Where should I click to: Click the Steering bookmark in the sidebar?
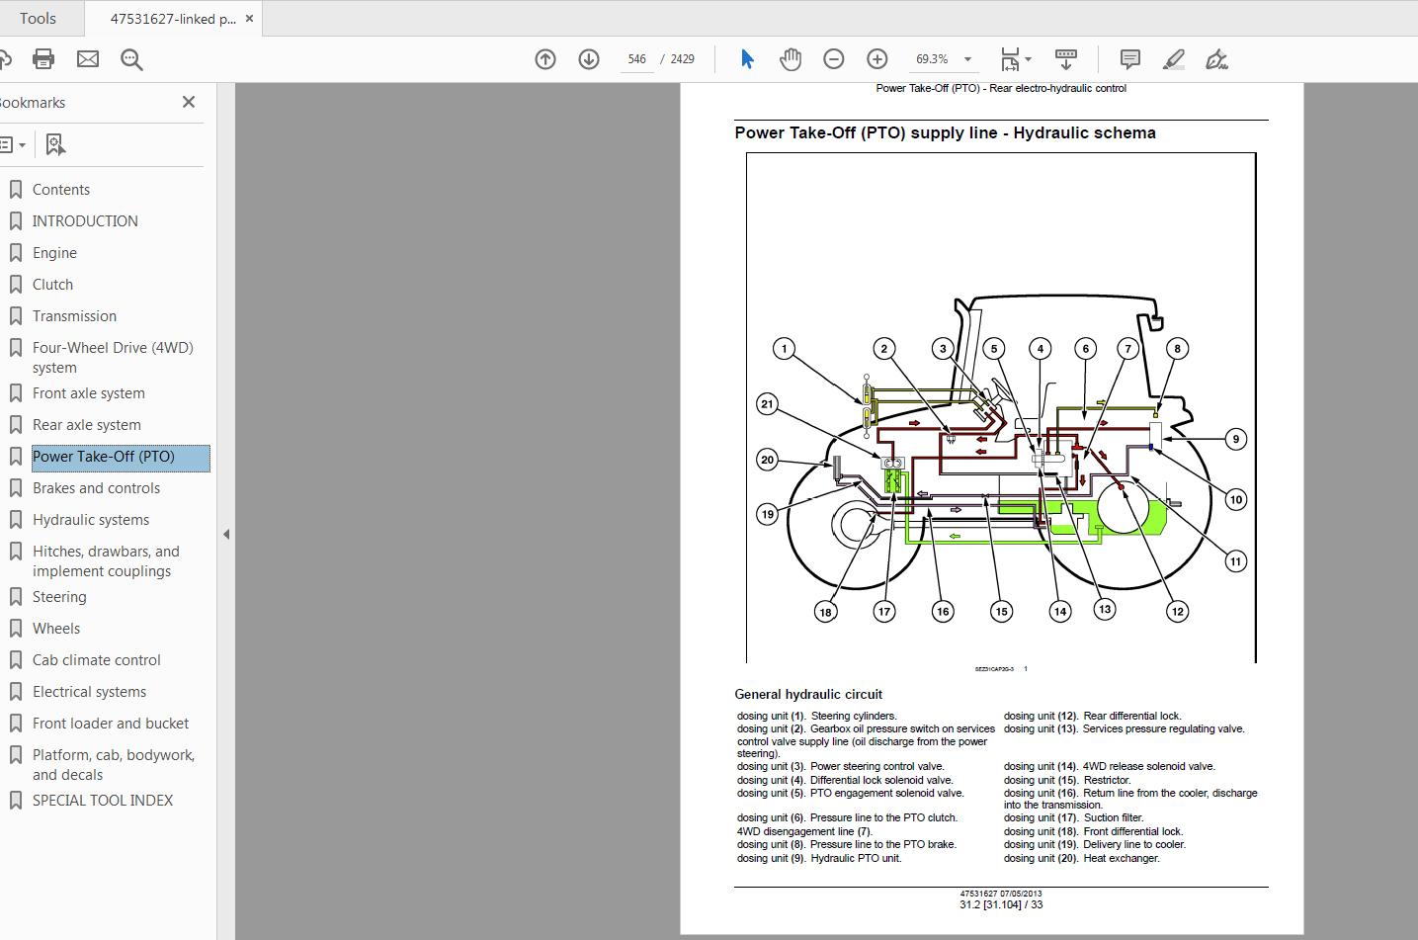coord(59,597)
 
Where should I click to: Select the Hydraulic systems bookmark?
coord(91,520)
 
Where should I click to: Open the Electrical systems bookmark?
coord(89,692)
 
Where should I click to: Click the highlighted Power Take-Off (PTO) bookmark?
coord(104,457)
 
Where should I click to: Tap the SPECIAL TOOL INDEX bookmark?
coord(103,801)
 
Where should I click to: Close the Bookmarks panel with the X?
coord(189,102)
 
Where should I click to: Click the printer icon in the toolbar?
coord(43,59)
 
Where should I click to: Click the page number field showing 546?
coord(636,59)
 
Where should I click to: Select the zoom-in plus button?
coord(876,59)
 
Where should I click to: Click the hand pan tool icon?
coord(790,59)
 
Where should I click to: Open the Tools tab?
coord(38,19)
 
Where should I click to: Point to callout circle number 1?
coord(785,348)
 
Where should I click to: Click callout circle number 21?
coord(767,403)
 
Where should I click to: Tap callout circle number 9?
coord(1235,439)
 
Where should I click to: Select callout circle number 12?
coord(1177,611)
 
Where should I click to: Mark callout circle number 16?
coord(943,611)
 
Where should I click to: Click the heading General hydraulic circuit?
coord(808,694)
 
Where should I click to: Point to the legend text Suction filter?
coord(1114,817)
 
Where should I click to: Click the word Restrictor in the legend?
coord(1107,780)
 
